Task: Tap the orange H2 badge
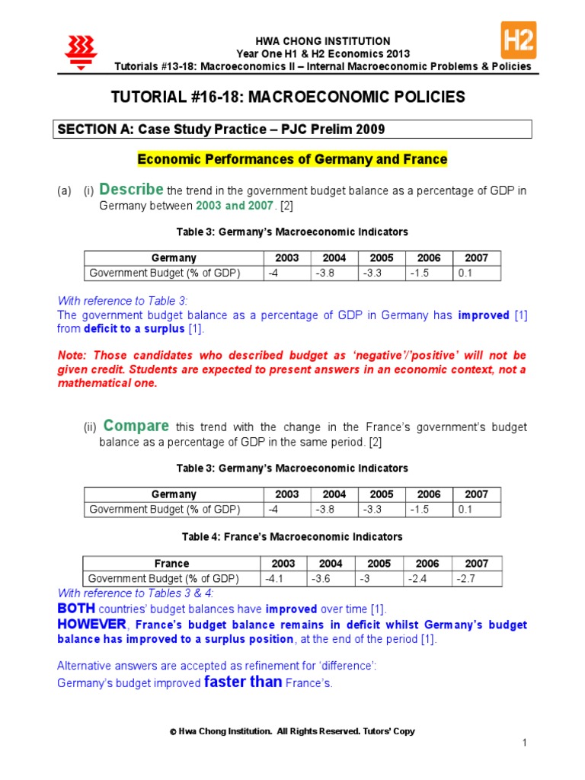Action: (x=518, y=40)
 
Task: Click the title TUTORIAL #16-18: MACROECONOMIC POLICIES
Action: (x=287, y=97)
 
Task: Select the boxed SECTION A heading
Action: (x=221, y=129)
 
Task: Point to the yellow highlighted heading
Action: (x=292, y=159)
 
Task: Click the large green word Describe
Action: (x=131, y=189)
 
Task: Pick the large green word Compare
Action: (x=136, y=425)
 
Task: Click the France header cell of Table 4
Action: (x=171, y=564)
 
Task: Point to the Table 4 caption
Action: (x=292, y=537)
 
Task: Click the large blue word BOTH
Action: (x=76, y=609)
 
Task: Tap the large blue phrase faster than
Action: (x=244, y=682)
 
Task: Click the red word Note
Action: (x=72, y=356)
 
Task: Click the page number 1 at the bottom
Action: (x=525, y=743)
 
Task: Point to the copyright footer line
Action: (x=292, y=731)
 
